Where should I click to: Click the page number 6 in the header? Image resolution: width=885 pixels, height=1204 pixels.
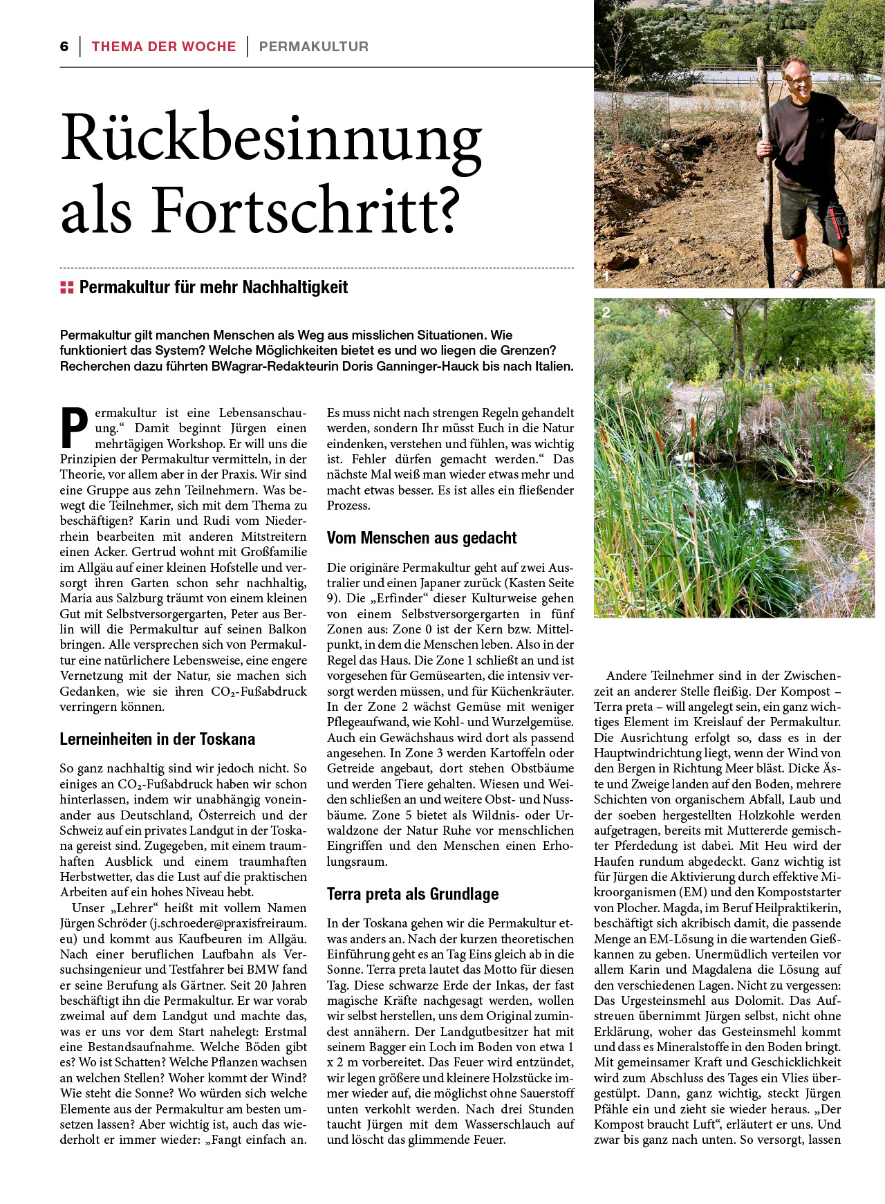[64, 46]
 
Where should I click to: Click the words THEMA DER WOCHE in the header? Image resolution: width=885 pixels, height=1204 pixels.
[163, 46]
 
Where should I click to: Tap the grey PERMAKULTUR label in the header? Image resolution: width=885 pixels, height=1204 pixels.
[313, 46]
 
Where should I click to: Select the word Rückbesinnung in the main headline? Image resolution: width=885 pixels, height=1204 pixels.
[271, 138]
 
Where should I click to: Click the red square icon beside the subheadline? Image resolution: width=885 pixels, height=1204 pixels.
[66, 288]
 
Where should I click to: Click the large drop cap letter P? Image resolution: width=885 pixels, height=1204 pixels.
[75, 427]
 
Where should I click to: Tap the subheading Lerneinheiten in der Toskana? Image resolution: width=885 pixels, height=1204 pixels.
[157, 739]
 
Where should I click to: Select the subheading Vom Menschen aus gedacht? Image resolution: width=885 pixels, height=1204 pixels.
[422, 538]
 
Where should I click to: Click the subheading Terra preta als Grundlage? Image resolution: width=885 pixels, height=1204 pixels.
[412, 894]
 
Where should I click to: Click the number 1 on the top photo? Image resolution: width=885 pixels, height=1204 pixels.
[606, 277]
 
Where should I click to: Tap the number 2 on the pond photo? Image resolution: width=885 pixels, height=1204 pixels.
[606, 313]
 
